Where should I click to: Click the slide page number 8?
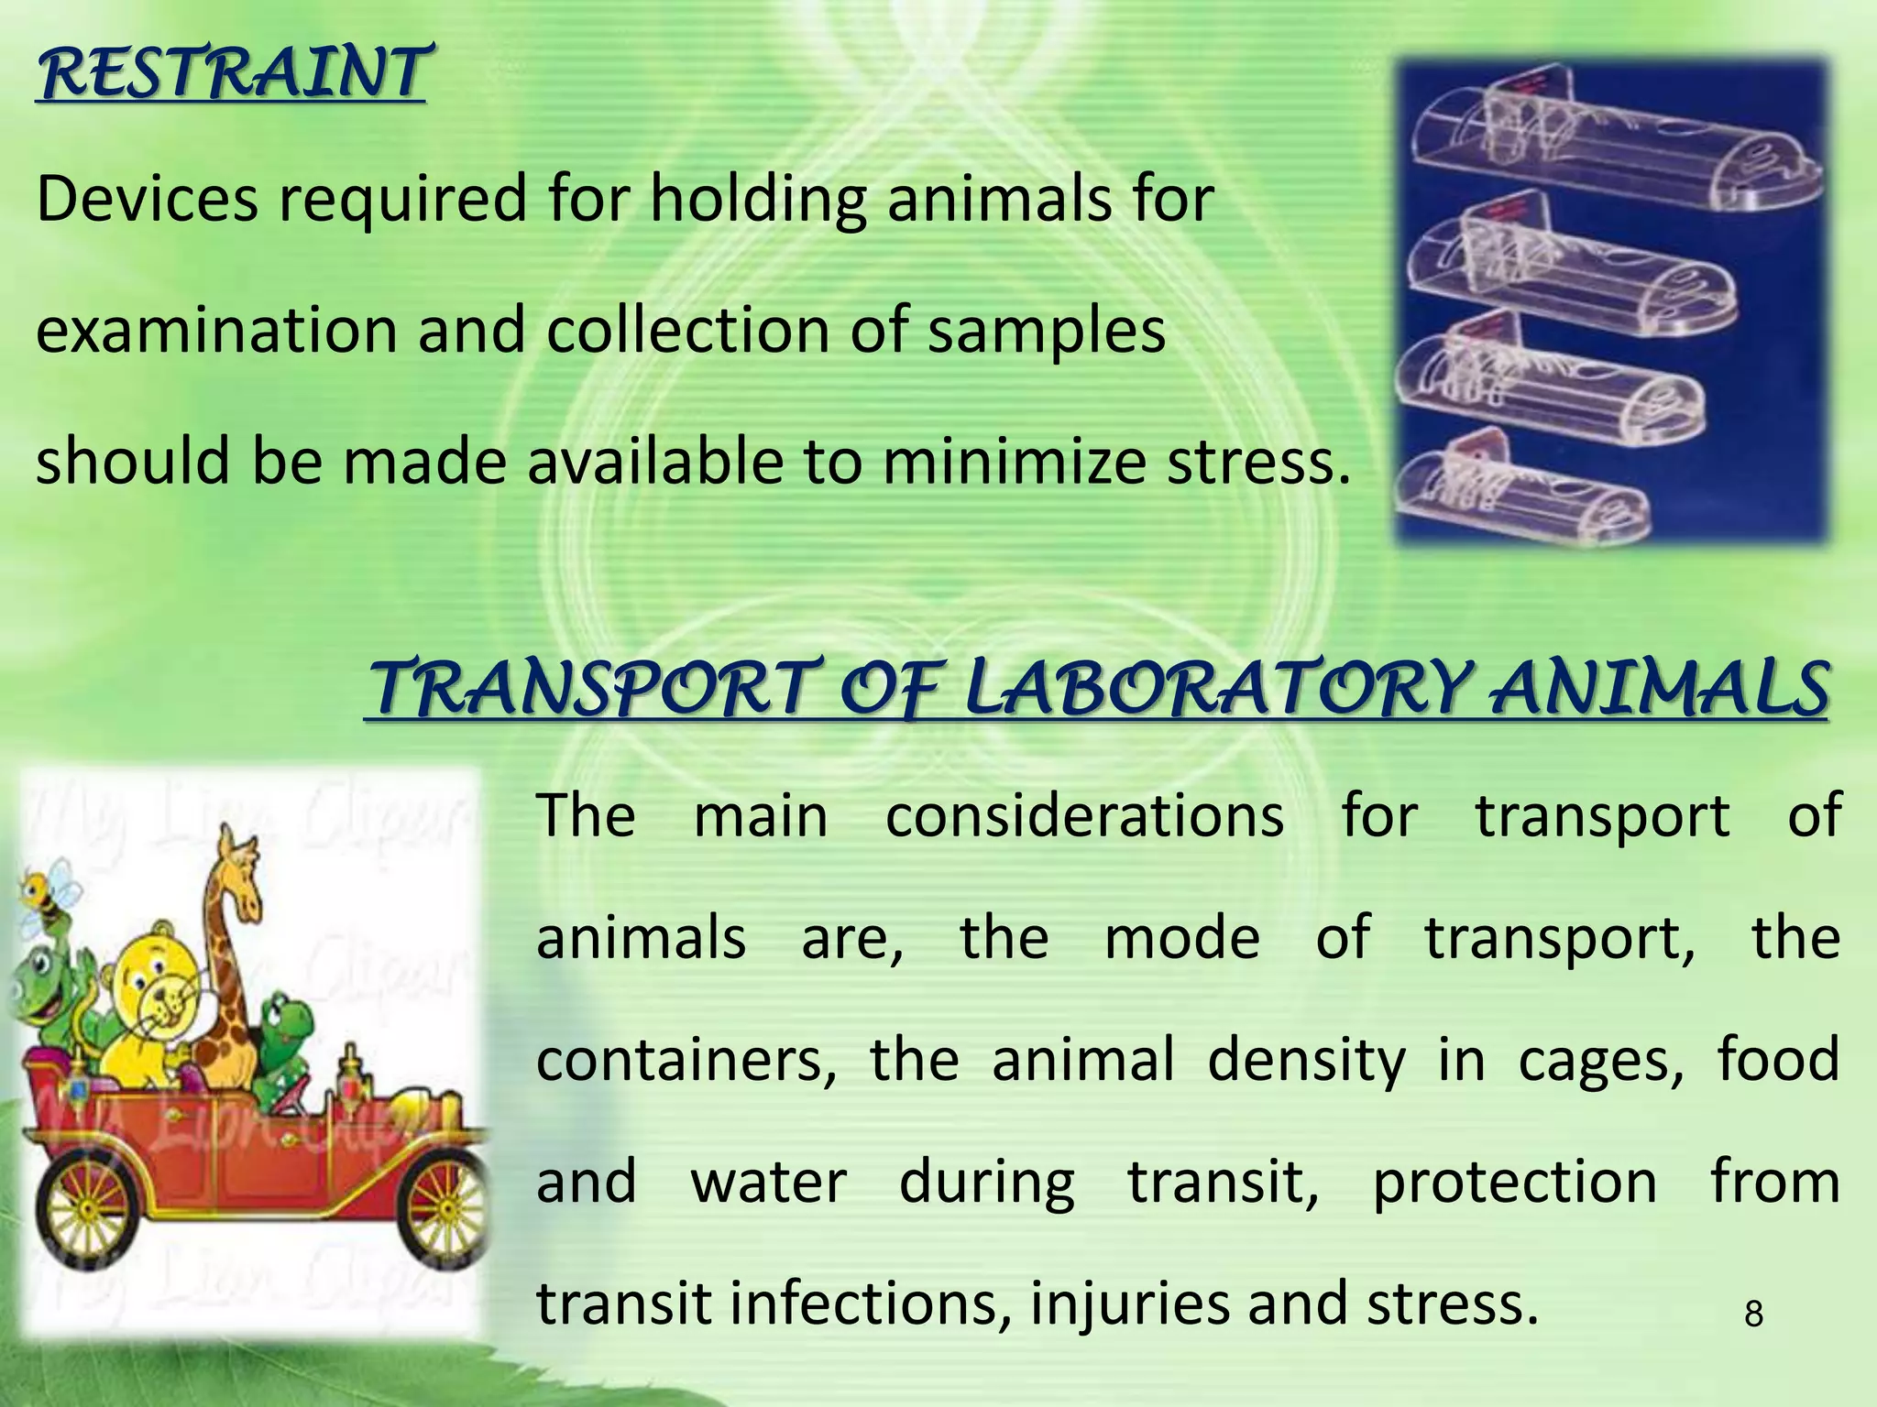tap(1752, 1315)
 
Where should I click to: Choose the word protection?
tap(1514, 1182)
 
